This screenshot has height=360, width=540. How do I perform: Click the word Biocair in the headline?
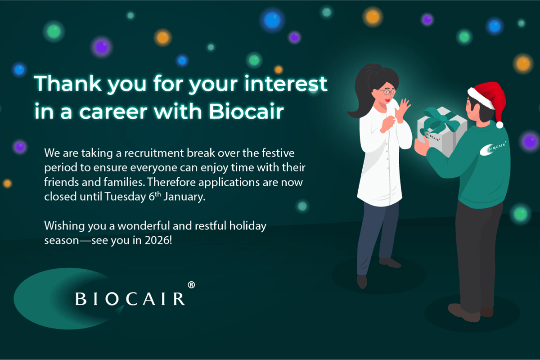tap(246, 111)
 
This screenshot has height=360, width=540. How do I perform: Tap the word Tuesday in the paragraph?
tap(125, 197)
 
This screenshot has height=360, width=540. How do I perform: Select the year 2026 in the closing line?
tap(157, 240)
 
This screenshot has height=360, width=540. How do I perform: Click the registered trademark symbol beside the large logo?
tap(191, 285)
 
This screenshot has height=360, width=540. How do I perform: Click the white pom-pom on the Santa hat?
tap(500, 125)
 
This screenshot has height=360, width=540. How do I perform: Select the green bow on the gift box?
tap(443, 121)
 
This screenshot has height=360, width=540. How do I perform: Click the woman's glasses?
tap(387, 92)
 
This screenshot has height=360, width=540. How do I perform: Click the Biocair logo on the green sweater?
tap(493, 148)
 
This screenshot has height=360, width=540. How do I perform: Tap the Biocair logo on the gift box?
tap(431, 136)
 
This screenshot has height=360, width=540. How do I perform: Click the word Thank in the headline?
tap(68, 83)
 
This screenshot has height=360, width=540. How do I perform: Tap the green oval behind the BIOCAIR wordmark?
tap(48, 299)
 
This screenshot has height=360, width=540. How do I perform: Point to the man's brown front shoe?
tap(464, 313)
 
